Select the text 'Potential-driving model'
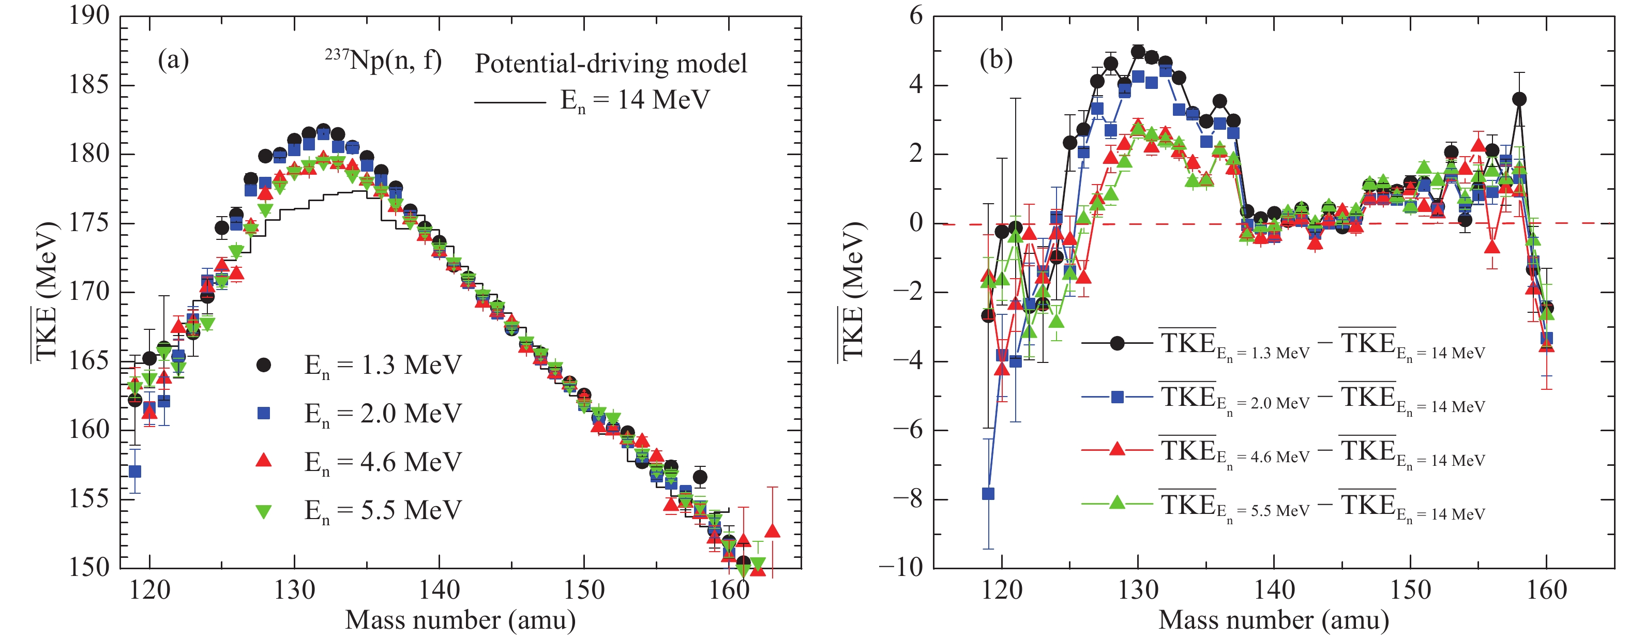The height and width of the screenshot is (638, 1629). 611,64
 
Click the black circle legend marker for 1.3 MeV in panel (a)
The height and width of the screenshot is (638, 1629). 264,365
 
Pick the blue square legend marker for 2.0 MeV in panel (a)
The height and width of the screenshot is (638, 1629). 264,414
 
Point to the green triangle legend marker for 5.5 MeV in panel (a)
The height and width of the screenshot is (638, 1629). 264,511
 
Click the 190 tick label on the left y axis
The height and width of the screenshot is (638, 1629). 89,16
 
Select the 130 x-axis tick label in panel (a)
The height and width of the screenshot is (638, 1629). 294,590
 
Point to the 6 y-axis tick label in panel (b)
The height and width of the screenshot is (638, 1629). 916,16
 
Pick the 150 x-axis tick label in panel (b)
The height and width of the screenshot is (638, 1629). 1410,590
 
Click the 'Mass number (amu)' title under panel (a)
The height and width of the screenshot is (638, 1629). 460,620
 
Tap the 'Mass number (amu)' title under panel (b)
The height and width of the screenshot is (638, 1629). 1274,620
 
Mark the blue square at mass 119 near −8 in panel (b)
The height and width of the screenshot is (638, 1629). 988,494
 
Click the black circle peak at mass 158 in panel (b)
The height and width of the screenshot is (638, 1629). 1519,99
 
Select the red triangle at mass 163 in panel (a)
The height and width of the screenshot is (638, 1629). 772,531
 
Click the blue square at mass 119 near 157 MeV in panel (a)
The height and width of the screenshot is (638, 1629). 134,472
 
